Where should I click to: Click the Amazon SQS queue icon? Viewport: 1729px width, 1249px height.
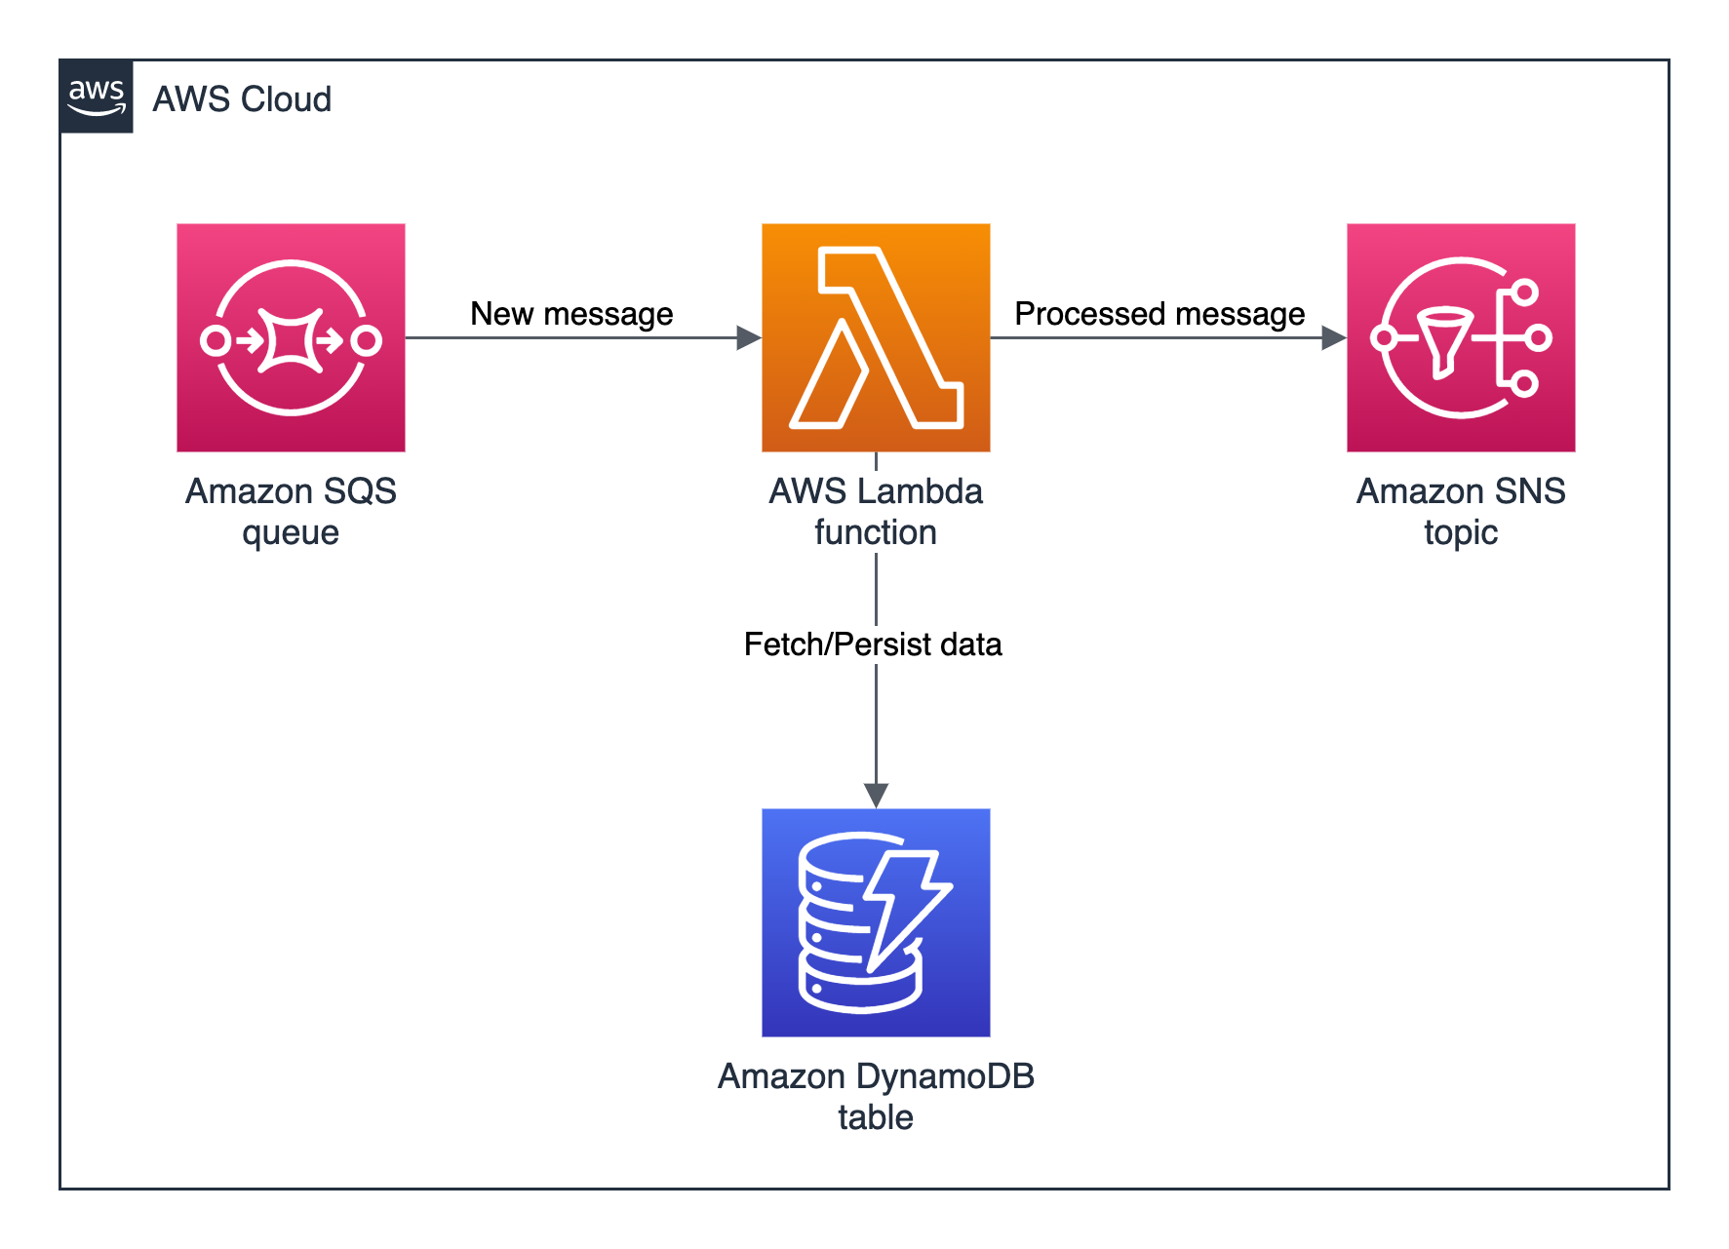coord(291,337)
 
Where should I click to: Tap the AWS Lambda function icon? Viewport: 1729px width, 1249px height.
coord(876,337)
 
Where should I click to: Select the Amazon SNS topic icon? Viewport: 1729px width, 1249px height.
coord(1461,337)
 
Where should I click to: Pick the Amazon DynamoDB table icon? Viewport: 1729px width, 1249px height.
coord(876,922)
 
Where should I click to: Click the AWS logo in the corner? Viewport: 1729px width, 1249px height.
coord(97,97)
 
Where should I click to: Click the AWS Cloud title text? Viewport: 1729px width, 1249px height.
coord(242,99)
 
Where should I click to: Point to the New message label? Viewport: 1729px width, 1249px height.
coord(571,314)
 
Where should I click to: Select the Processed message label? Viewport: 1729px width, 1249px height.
coord(1159,314)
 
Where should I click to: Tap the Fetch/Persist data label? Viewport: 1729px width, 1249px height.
coord(873,644)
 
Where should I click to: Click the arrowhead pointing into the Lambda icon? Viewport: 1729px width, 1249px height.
coord(748,338)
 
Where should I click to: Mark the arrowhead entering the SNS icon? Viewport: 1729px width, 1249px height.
coord(1333,338)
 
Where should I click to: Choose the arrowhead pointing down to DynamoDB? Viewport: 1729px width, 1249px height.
coord(876,795)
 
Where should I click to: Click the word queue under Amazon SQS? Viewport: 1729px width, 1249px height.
coord(291,533)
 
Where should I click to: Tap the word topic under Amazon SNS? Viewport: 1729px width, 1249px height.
coord(1461,533)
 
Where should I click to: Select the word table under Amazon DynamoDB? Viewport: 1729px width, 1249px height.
coord(876,1117)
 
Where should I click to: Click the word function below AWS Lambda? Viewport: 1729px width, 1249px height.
coord(876,532)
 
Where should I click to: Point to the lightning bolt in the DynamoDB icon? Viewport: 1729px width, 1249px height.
coord(902,907)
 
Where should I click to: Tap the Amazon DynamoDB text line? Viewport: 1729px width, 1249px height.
coord(876,1076)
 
